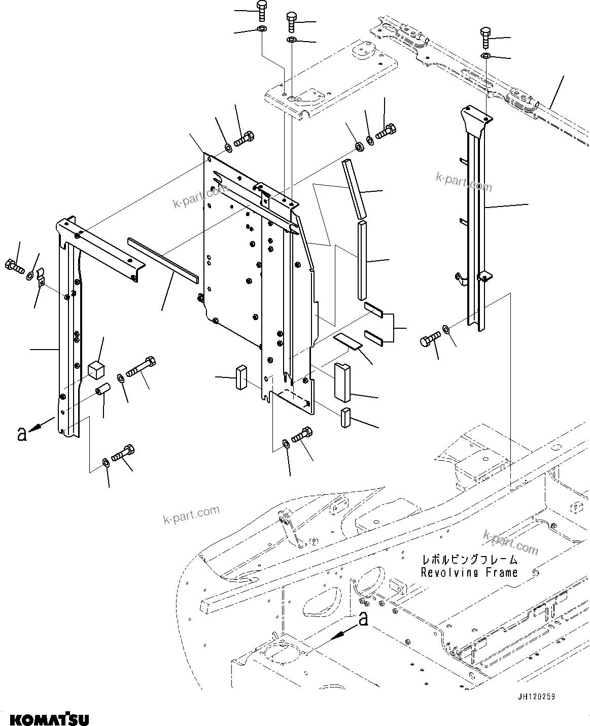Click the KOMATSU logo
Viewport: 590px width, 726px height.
[49, 719]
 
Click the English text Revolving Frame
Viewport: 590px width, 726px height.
[469, 572]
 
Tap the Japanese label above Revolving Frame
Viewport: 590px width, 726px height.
[469, 560]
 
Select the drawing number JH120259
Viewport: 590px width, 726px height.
[537, 697]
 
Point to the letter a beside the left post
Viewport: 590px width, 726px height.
[21, 434]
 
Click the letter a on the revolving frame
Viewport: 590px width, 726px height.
[363, 618]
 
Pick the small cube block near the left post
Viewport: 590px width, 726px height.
[96, 369]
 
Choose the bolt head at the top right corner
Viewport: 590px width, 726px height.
[484, 35]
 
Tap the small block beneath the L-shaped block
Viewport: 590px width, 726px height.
[346, 417]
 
